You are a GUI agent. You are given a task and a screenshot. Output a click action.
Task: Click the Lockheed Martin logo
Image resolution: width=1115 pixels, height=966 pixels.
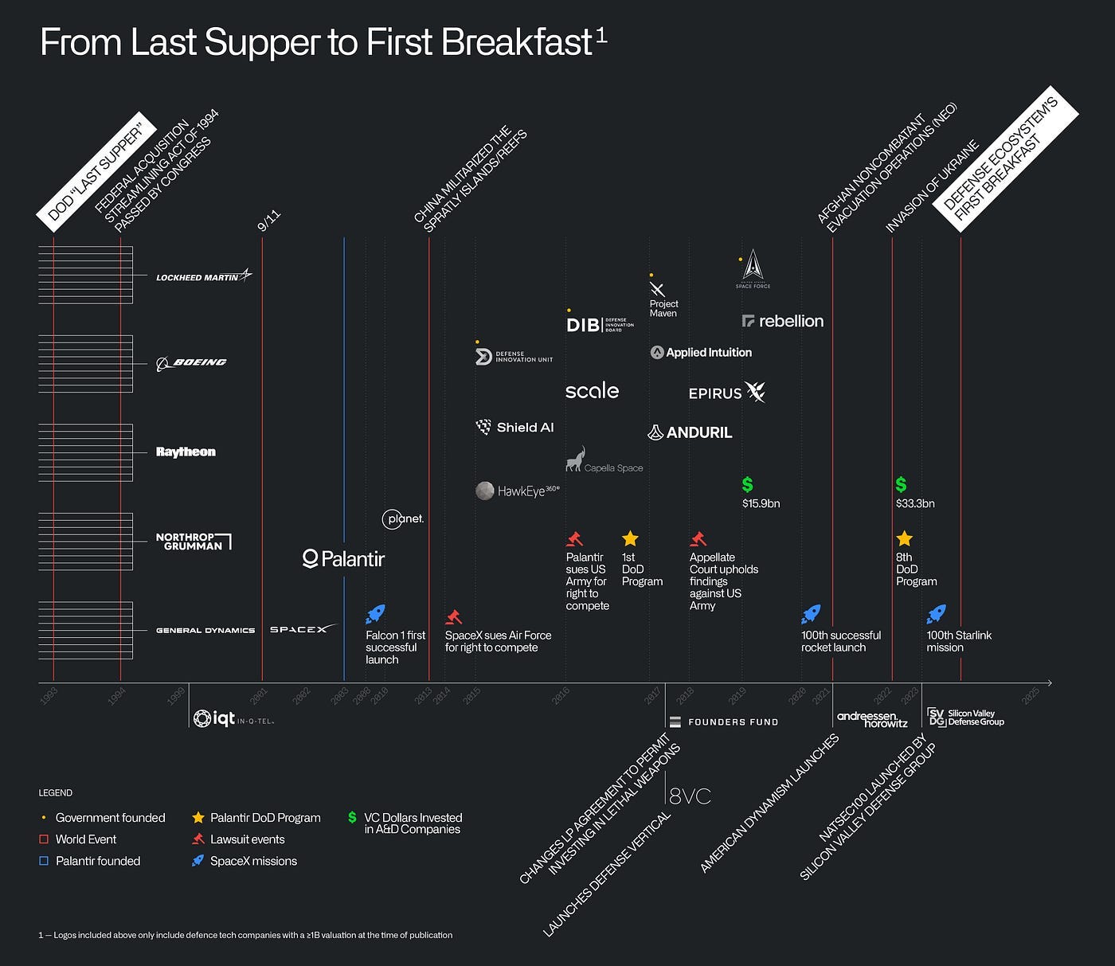pos(203,276)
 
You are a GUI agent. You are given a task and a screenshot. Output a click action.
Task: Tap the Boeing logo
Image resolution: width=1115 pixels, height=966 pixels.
pos(191,362)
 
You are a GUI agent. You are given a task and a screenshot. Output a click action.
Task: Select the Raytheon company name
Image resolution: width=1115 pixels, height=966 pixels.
pos(186,452)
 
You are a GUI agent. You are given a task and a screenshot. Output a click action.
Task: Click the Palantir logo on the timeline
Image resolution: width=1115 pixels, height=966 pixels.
pos(344,559)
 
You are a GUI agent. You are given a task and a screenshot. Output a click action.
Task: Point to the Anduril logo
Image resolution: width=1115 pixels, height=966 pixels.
pos(690,432)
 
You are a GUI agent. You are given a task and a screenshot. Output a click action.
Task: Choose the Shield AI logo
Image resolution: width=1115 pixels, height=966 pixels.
pos(514,428)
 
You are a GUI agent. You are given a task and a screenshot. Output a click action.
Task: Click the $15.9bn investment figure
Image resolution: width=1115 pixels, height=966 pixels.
pos(761,503)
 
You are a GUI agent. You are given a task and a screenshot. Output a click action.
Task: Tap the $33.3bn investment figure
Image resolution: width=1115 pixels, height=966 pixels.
pos(915,503)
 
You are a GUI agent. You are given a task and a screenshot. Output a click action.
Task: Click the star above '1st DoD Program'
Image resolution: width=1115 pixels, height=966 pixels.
pos(630,539)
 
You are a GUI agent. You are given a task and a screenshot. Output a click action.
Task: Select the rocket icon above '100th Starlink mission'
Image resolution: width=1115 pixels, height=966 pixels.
pos(936,614)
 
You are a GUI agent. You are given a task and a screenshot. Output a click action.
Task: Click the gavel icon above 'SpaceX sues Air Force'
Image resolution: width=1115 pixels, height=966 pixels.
pos(453,616)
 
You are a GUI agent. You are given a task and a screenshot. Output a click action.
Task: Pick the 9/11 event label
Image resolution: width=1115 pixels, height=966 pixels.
pos(269,221)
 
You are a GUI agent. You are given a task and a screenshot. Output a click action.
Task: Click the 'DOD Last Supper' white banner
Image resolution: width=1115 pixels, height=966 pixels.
pos(95,169)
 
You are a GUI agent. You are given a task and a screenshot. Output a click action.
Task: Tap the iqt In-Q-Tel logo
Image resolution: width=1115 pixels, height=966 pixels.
pos(233,718)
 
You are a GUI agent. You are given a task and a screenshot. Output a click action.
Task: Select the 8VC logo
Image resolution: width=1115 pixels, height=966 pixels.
pos(690,796)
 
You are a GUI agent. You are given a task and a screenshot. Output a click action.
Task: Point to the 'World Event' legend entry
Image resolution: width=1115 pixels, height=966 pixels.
pos(85,839)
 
